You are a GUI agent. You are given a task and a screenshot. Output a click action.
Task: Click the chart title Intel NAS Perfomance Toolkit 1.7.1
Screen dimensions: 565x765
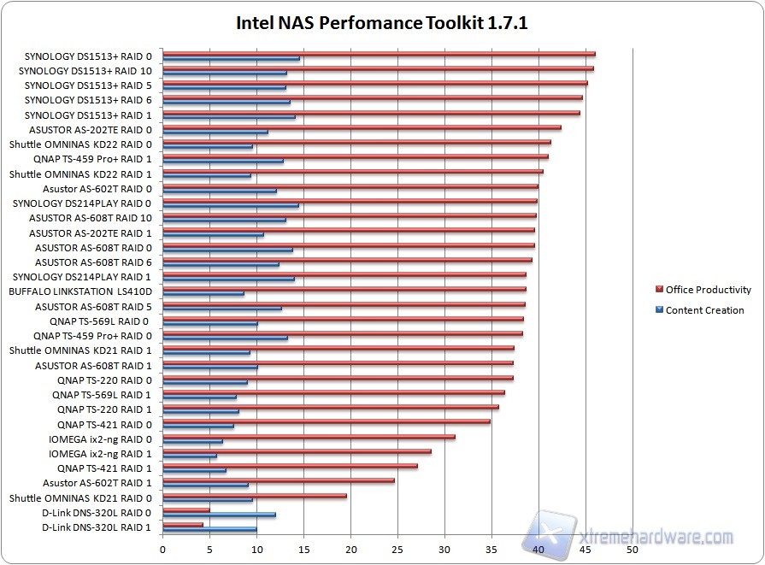[x=381, y=22]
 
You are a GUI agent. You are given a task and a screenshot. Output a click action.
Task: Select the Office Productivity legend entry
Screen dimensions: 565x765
[x=708, y=290]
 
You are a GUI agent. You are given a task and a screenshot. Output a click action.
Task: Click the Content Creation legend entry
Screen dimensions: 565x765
[x=704, y=310]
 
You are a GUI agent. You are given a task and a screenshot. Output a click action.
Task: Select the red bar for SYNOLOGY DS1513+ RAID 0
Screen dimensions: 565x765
[x=379, y=54]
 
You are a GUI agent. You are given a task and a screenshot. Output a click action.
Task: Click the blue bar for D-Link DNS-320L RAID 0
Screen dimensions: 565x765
[x=219, y=515]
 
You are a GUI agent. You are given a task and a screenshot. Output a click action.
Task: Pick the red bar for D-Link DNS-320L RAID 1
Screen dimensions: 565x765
[x=183, y=525]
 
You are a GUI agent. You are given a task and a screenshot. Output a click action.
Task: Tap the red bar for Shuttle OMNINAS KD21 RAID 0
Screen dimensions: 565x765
[x=254, y=495]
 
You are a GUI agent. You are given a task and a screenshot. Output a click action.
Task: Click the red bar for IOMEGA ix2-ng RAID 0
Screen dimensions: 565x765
[x=309, y=437]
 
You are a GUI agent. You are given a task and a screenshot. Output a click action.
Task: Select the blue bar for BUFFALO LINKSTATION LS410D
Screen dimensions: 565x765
[x=203, y=294]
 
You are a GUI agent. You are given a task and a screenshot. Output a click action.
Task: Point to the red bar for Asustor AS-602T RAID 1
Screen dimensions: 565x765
[x=278, y=480]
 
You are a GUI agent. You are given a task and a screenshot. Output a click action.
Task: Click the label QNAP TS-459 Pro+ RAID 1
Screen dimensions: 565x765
[x=92, y=159]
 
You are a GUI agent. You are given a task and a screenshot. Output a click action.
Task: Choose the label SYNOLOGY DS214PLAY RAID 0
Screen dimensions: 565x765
[x=82, y=203]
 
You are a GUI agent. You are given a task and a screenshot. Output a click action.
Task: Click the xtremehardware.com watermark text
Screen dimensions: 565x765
[x=656, y=538]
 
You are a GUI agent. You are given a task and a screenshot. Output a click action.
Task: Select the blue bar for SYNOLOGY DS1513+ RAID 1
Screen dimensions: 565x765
[x=228, y=117]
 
